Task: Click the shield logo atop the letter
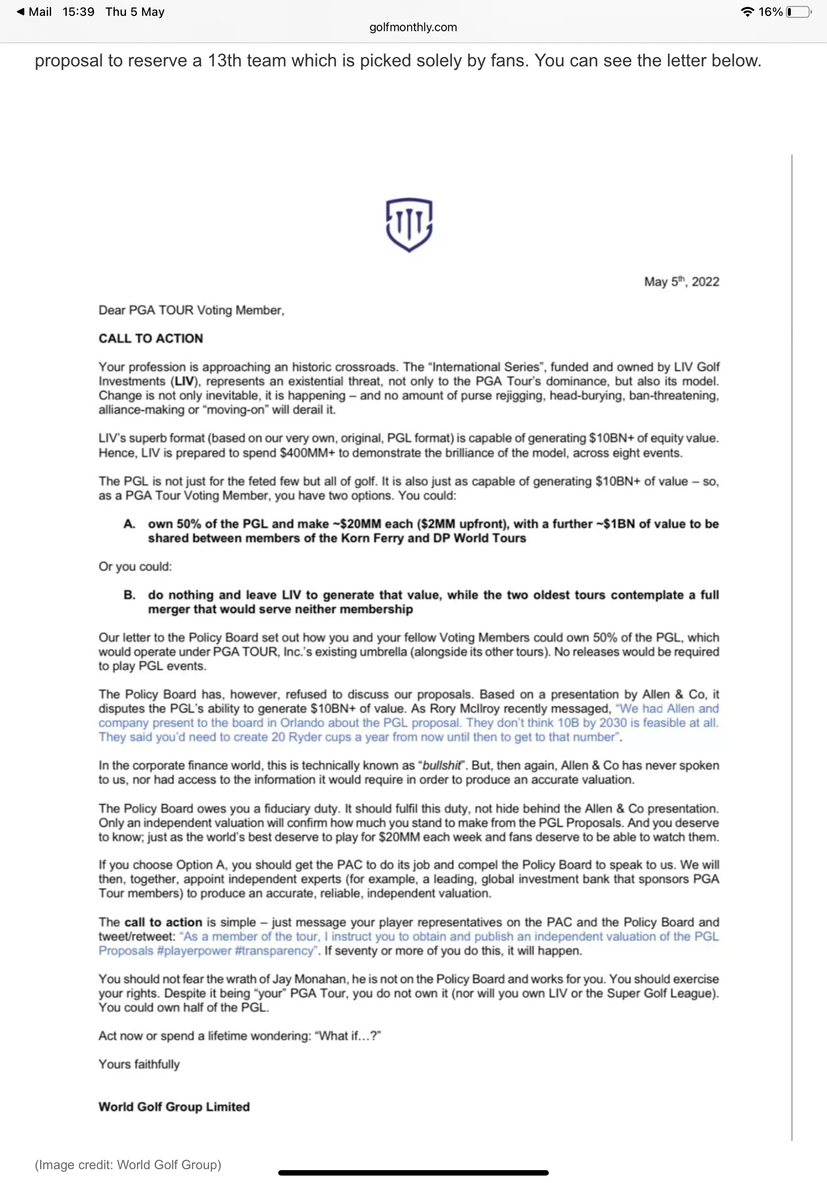point(409,224)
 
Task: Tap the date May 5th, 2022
point(681,282)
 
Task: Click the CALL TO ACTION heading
point(151,338)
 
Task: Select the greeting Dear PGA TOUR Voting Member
point(191,310)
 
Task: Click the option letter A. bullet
point(129,524)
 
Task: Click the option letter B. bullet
point(129,595)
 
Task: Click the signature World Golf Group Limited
point(174,1107)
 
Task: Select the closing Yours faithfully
point(139,1065)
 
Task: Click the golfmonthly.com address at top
point(413,27)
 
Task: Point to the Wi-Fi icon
point(747,12)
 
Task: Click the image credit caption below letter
point(128,1165)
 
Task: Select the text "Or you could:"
point(135,567)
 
